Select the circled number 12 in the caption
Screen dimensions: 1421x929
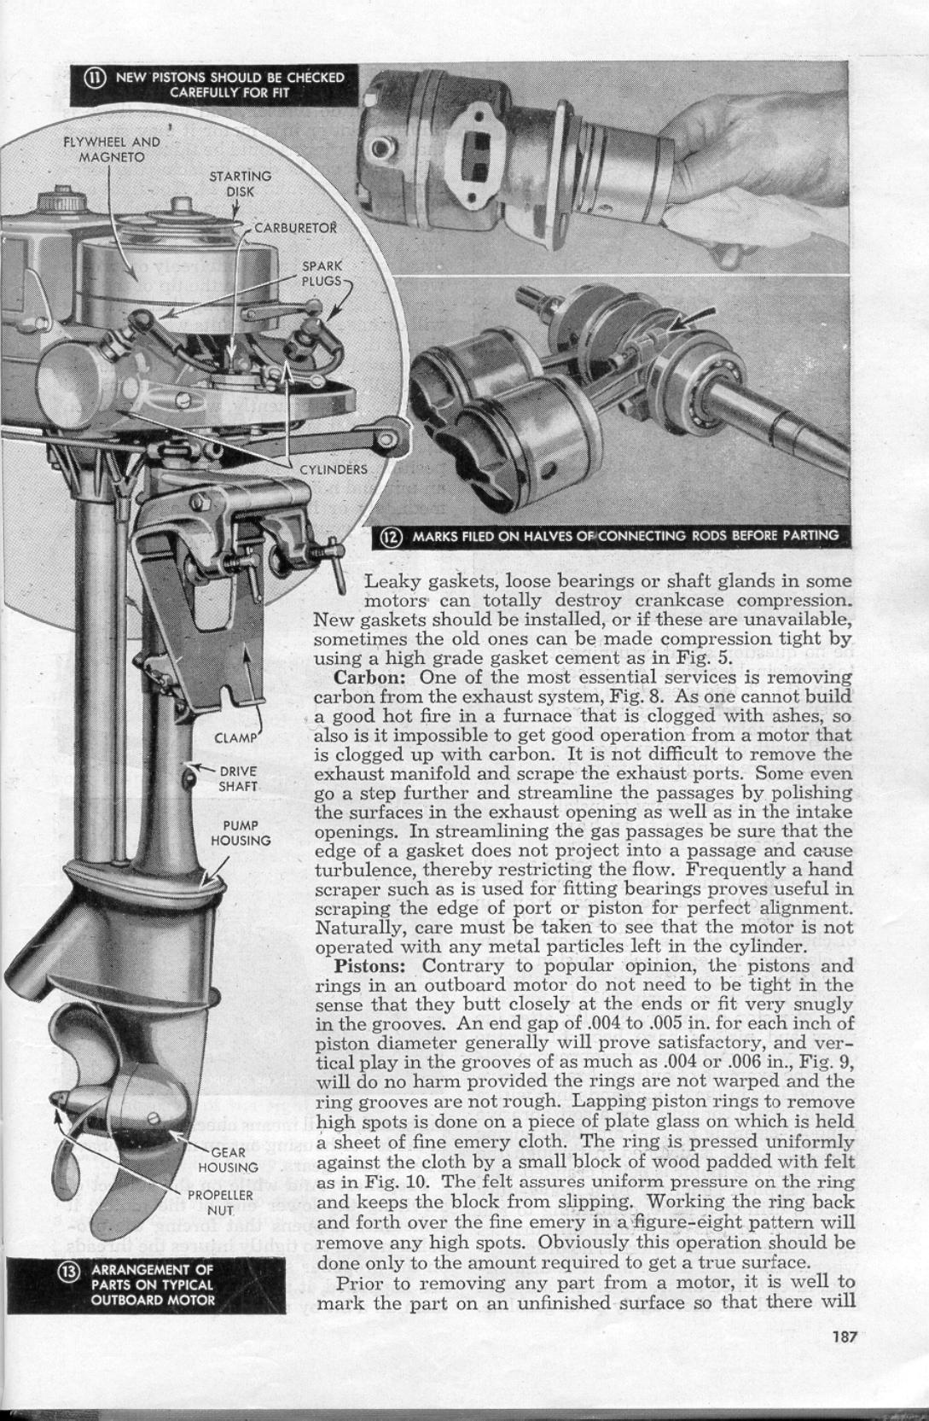pos(391,536)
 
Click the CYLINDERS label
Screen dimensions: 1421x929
pos(333,469)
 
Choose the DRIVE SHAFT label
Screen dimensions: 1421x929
pos(238,778)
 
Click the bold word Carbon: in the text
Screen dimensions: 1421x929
pos(368,678)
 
